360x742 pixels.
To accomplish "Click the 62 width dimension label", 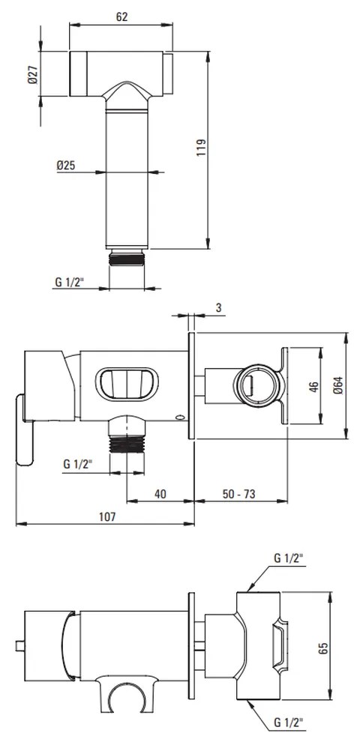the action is pos(121,17).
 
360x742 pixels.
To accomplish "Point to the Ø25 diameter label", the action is pos(66,165).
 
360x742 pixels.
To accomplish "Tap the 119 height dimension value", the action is pos(200,148).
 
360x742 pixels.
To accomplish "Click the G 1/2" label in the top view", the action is pos(69,283).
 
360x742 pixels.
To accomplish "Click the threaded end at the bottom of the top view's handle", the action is pos(127,259).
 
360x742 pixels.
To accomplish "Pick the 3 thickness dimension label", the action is pos(218,308).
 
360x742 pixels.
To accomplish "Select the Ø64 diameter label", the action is pos(337,385).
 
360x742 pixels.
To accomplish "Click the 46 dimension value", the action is pos(312,385).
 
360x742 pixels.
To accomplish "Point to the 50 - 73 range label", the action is pos(238,494).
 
